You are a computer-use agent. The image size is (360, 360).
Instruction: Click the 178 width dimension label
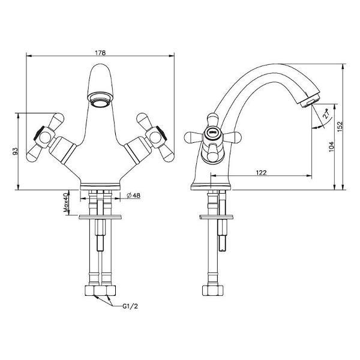coord(100,53)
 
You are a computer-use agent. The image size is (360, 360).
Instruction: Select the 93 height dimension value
coord(15,151)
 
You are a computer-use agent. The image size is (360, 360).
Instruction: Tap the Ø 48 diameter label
coord(133,196)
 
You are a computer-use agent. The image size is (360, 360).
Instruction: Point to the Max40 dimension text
coord(66,203)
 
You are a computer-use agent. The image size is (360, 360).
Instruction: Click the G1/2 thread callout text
coord(130,306)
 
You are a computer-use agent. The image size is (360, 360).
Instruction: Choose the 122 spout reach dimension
coord(261,172)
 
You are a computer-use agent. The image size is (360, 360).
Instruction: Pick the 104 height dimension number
coord(331,146)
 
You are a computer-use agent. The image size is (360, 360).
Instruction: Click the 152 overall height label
coord(340,126)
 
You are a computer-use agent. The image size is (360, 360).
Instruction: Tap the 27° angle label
coord(326,113)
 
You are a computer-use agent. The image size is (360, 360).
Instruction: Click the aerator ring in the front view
coord(100,99)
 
